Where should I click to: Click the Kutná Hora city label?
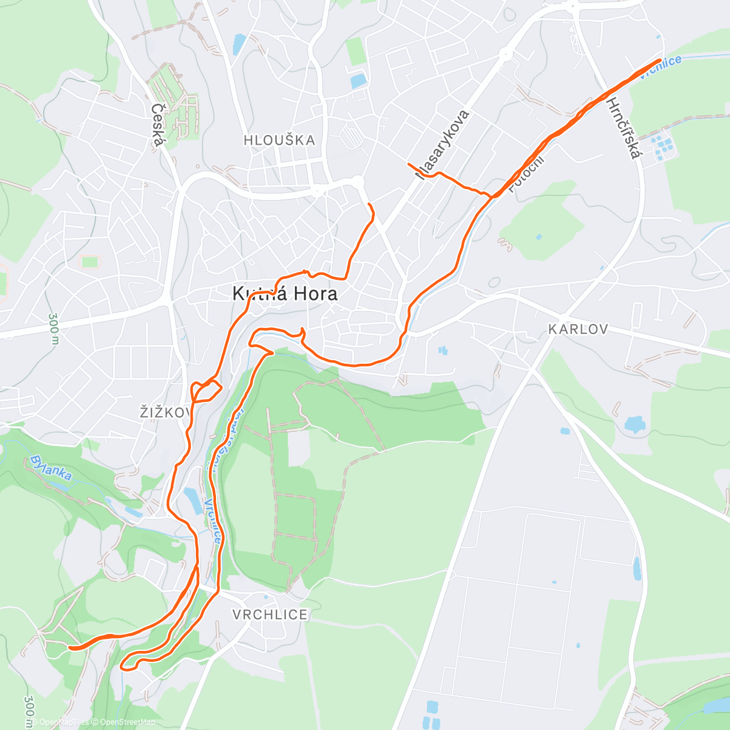click(x=285, y=294)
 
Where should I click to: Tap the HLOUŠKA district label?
click(x=279, y=141)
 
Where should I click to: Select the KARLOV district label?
click(x=577, y=330)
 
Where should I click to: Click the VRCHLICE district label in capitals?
click(x=270, y=615)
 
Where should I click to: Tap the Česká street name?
click(x=158, y=125)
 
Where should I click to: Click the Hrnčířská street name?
click(x=624, y=128)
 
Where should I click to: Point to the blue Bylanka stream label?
click(x=50, y=467)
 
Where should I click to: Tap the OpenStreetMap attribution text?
click(x=127, y=722)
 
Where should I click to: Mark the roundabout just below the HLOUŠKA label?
click(x=357, y=181)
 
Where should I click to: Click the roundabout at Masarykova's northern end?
click(x=504, y=54)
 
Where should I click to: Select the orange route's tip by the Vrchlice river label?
click(x=660, y=60)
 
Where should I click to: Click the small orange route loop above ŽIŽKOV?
click(x=206, y=391)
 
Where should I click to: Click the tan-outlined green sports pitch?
click(x=90, y=262)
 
